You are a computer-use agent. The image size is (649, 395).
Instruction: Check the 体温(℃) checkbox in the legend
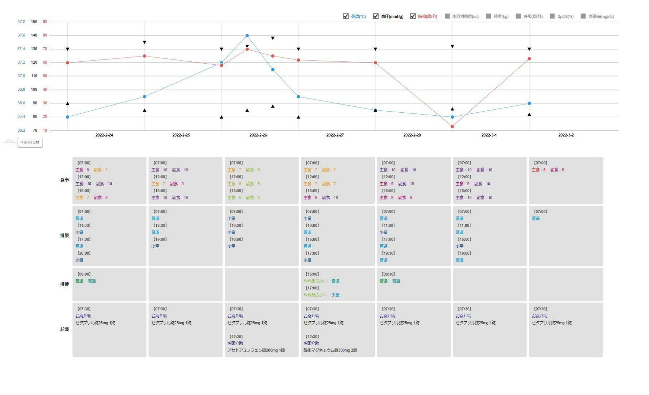tap(346, 16)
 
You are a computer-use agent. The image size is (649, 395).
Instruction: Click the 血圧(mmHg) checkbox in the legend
tap(376, 16)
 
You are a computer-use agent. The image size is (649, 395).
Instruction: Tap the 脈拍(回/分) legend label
tap(427, 17)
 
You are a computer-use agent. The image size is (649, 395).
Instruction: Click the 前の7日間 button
tap(30, 142)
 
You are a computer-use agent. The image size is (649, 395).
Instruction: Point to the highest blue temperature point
tap(247, 36)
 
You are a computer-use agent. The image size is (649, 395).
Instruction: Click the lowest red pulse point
tap(452, 126)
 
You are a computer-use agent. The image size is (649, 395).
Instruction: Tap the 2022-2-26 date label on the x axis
tap(258, 135)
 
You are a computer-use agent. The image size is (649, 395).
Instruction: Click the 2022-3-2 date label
tap(566, 135)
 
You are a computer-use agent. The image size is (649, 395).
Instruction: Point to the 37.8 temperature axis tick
tap(21, 22)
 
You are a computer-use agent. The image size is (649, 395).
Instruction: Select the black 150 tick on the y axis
tap(34, 22)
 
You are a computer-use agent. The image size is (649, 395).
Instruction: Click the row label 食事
tap(64, 180)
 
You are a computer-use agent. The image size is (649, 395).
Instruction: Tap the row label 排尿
tap(64, 236)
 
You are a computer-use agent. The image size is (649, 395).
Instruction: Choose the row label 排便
tap(64, 285)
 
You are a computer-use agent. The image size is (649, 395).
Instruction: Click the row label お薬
tap(64, 329)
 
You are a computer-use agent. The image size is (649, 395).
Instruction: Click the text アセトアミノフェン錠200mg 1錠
tap(256, 350)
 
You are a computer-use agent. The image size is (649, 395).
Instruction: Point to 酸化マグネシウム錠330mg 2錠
tap(330, 350)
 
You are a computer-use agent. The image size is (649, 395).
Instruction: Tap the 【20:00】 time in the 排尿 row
tap(84, 254)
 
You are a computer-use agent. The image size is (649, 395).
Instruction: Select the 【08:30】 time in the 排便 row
tap(388, 274)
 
